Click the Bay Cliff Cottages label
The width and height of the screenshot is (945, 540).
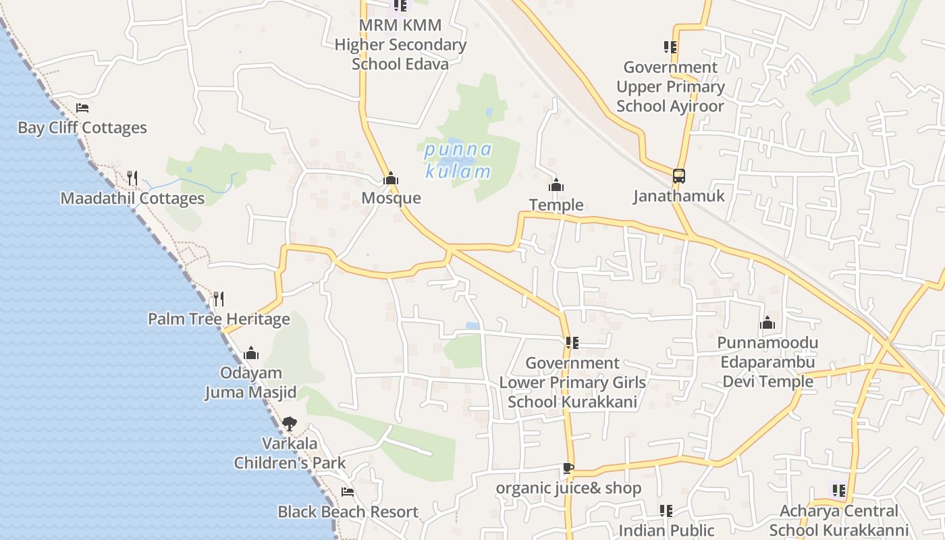point(82,128)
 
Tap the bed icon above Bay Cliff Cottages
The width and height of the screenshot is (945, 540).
point(82,108)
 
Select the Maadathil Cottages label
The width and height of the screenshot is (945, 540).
point(132,198)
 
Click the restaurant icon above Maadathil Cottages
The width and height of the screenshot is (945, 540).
point(132,178)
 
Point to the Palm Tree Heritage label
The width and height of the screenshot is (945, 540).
point(219,319)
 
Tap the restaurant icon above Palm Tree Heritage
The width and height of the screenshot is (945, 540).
point(218,298)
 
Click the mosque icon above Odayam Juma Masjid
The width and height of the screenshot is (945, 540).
point(251,353)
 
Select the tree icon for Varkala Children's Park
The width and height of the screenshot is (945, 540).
point(290,424)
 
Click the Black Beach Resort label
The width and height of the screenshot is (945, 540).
point(348,512)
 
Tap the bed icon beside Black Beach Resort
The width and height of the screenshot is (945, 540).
point(348,492)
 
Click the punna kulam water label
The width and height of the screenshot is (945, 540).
point(458,161)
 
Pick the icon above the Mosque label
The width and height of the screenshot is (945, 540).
point(391,179)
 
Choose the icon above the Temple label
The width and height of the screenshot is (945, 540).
point(556,185)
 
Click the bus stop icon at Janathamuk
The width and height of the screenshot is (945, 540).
point(678,176)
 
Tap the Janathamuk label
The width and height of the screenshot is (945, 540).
point(678,196)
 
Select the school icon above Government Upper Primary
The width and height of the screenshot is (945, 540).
point(670,47)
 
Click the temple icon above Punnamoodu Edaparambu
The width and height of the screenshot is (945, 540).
point(767,323)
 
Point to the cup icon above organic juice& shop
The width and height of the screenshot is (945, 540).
point(568,468)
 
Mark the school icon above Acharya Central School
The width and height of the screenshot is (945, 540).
point(838,491)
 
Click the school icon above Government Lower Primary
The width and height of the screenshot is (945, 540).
point(572,343)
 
